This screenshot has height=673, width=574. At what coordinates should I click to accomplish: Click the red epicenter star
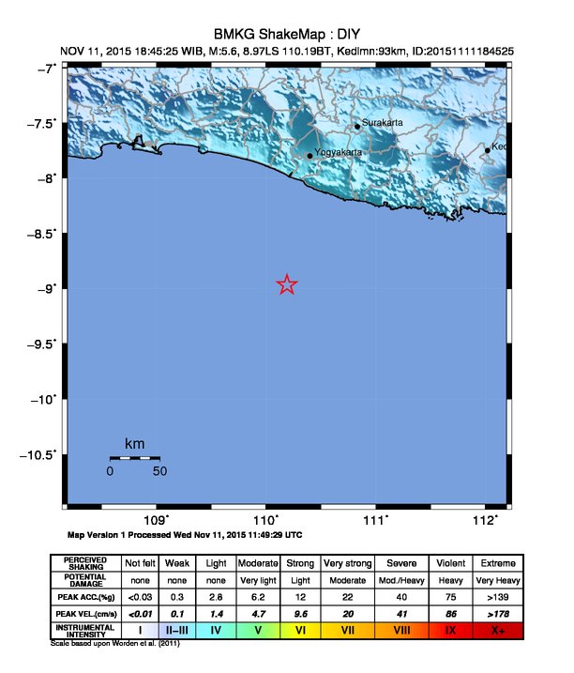287,284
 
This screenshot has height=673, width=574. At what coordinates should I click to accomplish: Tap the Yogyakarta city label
338,151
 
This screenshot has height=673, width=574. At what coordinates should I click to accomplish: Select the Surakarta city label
384,122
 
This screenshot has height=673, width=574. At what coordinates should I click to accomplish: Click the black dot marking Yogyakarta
310,156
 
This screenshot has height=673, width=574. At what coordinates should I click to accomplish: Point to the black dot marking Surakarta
357,127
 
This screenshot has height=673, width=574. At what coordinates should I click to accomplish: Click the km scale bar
134,457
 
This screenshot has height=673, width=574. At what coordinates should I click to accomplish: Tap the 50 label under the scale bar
159,471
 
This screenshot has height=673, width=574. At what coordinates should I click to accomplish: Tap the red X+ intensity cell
497,630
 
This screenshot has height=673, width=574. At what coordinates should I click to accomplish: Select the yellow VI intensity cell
301,630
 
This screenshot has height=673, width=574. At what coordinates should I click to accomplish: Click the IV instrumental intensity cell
216,630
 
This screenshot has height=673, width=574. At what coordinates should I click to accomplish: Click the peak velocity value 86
450,613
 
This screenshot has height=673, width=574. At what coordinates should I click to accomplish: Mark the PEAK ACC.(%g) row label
85,596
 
